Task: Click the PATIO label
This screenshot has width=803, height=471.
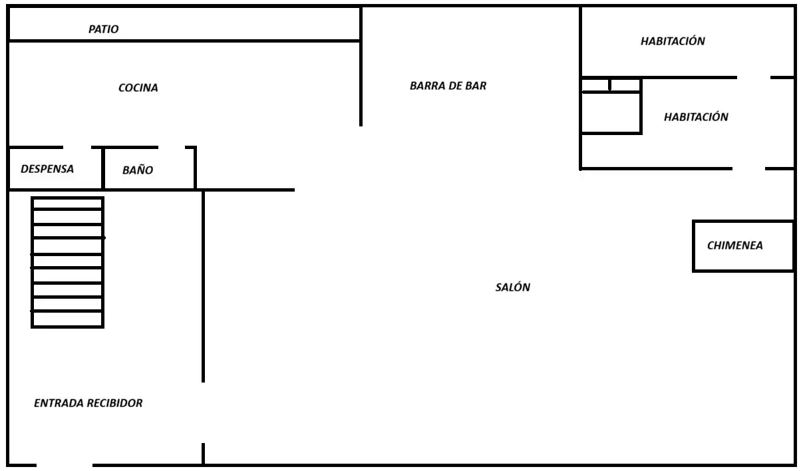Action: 104,29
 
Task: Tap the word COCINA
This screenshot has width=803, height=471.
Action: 138,88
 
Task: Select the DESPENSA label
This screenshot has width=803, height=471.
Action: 47,169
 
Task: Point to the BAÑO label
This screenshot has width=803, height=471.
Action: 138,170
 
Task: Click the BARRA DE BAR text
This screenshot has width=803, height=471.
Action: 448,86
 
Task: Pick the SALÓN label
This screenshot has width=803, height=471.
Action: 513,287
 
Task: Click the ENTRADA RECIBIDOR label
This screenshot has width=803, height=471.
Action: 88,403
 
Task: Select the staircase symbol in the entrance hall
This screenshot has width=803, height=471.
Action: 68,262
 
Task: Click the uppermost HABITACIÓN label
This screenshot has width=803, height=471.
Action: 673,41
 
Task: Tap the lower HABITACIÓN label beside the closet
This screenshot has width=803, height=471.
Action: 696,117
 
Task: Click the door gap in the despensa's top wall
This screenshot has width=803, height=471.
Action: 77,147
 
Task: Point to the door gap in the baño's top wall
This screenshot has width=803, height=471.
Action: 172,147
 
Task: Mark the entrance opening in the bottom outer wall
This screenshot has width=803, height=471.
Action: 65,465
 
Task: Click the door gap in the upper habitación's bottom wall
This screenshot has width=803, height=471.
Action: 754,77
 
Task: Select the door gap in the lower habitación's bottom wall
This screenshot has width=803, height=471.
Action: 748,168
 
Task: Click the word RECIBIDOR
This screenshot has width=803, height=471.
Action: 115,403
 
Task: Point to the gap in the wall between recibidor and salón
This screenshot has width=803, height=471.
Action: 204,412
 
